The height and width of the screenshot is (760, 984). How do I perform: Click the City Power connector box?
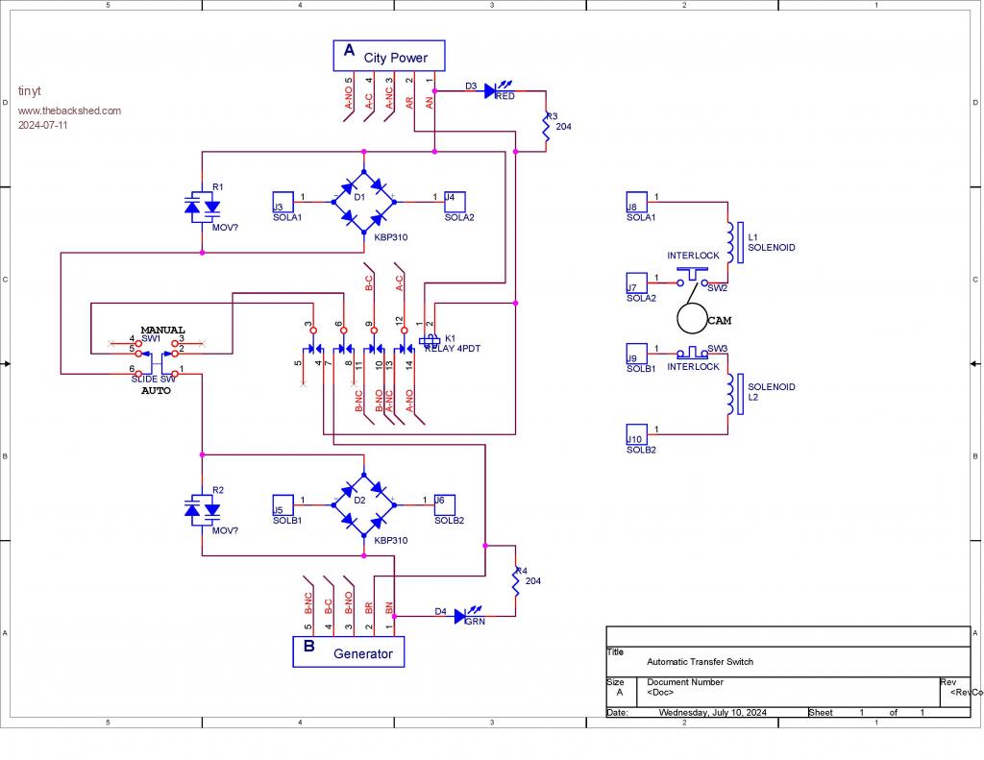(390, 56)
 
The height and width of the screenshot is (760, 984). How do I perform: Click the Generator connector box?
(348, 651)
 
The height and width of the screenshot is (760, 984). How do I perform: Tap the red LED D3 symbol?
(490, 91)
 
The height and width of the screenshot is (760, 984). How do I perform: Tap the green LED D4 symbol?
(460, 615)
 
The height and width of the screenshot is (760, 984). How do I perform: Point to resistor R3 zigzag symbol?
(546, 130)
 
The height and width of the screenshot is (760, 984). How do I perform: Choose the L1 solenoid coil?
(731, 243)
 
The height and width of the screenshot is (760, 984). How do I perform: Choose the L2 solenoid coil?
(731, 394)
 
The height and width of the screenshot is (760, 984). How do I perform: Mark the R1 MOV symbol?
(202, 207)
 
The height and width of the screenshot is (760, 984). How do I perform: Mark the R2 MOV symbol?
(202, 509)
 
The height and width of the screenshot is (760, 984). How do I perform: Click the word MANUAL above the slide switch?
(162, 330)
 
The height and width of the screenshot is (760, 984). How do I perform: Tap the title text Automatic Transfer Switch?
(700, 662)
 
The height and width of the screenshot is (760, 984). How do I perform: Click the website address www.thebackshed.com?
(69, 110)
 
